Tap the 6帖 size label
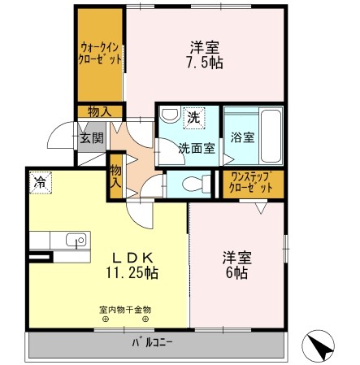(237, 274)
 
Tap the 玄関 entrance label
(91, 138)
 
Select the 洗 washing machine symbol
(193, 117)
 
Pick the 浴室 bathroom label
(242, 137)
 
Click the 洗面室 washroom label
(197, 149)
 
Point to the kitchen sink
(76, 240)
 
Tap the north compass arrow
(322, 347)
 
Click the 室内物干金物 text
(125, 310)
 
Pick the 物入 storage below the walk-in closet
(101, 111)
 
